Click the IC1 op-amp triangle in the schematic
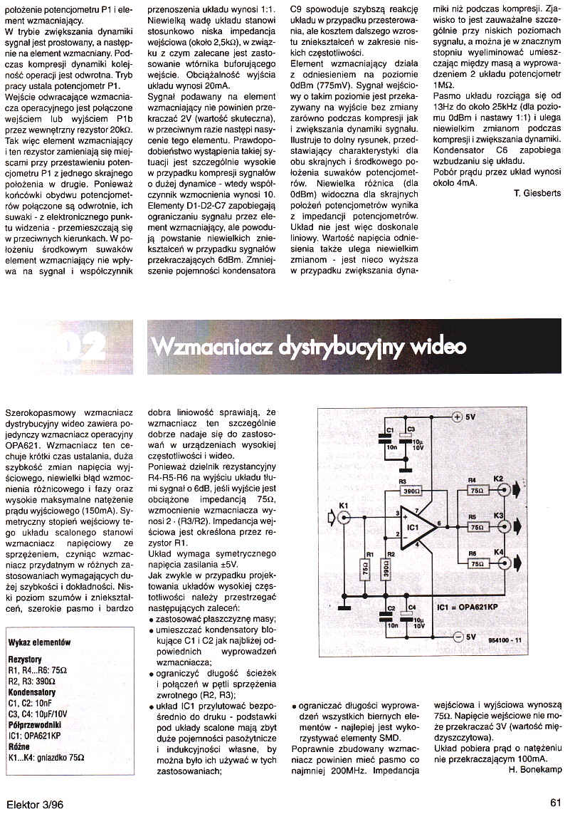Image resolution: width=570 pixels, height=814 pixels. tap(418, 527)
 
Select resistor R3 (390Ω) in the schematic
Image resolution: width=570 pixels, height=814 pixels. tap(409, 492)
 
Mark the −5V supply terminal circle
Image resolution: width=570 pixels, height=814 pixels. tap(457, 636)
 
